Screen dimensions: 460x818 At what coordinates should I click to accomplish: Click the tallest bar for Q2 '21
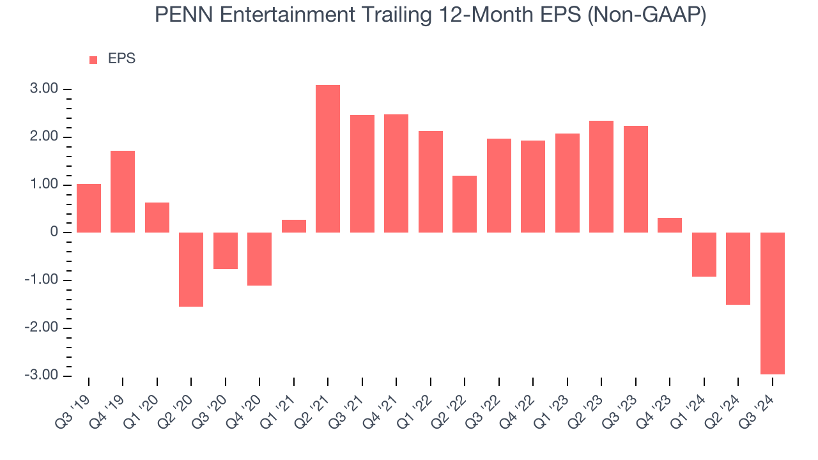coord(328,158)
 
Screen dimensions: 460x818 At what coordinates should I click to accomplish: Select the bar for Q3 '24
coord(772,303)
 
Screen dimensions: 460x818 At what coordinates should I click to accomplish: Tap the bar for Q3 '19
coord(89,208)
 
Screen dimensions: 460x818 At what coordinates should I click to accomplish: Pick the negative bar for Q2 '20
coord(191,269)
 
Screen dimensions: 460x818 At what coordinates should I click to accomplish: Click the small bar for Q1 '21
coord(294,226)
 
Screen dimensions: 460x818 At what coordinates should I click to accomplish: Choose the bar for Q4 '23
coord(670,225)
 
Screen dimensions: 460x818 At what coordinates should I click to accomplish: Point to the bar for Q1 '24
coord(704,254)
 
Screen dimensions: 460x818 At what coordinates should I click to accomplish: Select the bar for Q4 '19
coord(123,192)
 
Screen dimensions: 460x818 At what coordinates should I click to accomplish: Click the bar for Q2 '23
coord(601,176)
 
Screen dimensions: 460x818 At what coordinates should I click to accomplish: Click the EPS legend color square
coord(93,60)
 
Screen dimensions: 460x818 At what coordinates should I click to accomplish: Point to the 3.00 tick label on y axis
coord(44,89)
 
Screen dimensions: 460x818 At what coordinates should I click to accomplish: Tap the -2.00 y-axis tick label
coord(42,328)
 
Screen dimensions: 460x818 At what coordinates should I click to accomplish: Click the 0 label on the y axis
coord(56,233)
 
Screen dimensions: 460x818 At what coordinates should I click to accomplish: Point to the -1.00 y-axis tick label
coord(42,280)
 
